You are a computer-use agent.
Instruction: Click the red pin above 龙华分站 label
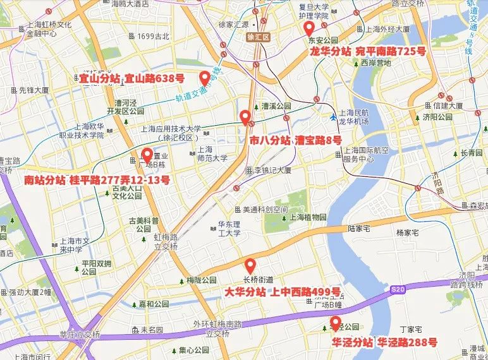(309, 29)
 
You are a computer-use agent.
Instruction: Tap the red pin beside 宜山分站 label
(204, 78)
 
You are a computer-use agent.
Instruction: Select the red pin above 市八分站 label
(245, 117)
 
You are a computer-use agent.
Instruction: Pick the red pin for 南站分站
(147, 155)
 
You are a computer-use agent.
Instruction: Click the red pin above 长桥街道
(250, 265)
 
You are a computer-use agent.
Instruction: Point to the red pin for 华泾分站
(335, 323)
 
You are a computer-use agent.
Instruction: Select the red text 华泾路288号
(407, 343)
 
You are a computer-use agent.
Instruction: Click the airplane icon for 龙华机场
(333, 117)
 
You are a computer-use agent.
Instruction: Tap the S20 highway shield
(396, 289)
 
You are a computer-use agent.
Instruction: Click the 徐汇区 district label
(258, 37)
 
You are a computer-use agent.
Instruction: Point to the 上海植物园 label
(307, 217)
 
